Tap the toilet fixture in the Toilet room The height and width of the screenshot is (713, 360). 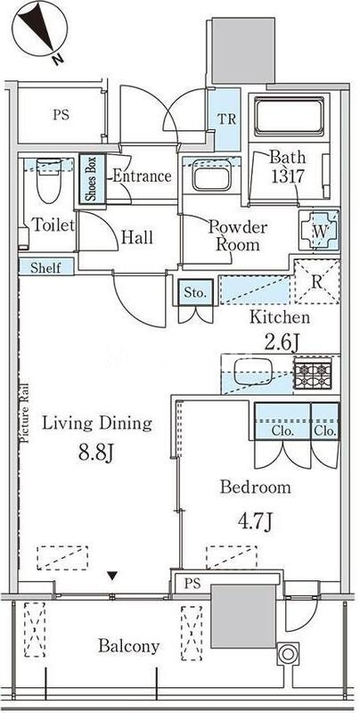tap(49, 180)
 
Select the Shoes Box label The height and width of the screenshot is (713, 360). tap(93, 179)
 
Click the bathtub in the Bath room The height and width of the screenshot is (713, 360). tap(289, 116)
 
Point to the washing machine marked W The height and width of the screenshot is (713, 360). tap(320, 230)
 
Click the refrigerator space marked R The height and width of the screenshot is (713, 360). tap(317, 282)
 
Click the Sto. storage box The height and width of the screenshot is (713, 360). tap(196, 293)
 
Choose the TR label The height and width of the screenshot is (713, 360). tap(227, 119)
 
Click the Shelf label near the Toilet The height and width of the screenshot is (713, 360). tap(45, 267)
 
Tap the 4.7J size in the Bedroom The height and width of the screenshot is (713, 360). tap(255, 521)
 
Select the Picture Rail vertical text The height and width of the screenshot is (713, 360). tap(25, 413)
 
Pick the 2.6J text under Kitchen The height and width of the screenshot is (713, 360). tap(282, 342)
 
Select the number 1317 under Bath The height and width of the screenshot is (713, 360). tap(287, 176)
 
